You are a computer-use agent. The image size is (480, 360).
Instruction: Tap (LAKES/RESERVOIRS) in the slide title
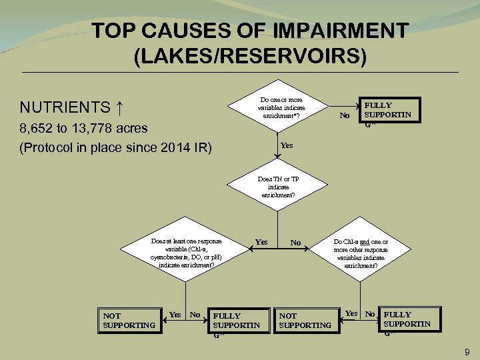250,55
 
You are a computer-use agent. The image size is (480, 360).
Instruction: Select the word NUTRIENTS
65,107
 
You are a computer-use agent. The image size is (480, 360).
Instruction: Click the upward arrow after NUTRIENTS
119,107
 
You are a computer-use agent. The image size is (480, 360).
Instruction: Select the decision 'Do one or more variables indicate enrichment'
281,108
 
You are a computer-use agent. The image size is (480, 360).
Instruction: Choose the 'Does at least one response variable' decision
186,252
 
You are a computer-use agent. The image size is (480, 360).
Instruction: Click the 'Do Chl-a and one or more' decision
361,252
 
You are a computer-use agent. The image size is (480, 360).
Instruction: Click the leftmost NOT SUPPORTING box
129,320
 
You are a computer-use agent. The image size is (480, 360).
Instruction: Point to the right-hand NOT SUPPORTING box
305,320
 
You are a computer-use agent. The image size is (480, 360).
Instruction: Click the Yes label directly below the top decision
287,145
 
